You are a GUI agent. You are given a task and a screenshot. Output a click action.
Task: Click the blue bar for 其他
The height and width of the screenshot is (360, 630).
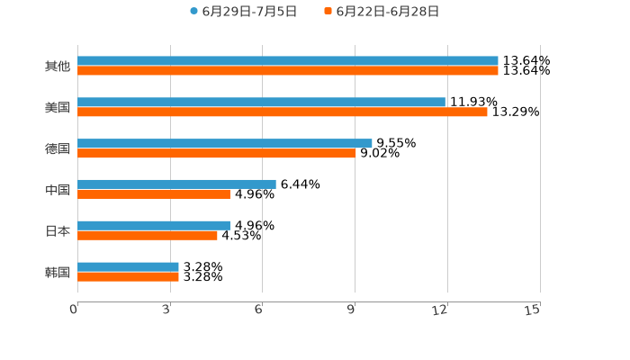pyautogui.click(x=288, y=61)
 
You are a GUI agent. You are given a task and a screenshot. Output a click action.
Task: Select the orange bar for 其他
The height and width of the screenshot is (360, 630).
pyautogui.click(x=288, y=71)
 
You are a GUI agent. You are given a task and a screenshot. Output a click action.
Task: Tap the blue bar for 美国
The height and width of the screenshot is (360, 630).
pyautogui.click(x=261, y=103)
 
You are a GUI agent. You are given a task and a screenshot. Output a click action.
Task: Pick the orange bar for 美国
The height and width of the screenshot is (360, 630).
pyautogui.click(x=283, y=112)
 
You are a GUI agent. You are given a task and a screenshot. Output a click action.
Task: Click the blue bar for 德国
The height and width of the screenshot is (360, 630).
pyautogui.click(x=225, y=143)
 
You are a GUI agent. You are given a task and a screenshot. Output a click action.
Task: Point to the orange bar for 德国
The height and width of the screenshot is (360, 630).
pyautogui.click(x=217, y=154)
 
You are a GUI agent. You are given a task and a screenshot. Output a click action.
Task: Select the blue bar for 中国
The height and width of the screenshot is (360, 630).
pyautogui.click(x=176, y=184)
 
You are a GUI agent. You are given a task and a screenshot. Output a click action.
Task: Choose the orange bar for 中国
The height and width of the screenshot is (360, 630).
pyautogui.click(x=154, y=194)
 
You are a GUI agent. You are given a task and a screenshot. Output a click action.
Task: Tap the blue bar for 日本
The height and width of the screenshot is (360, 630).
pyautogui.click(x=154, y=225)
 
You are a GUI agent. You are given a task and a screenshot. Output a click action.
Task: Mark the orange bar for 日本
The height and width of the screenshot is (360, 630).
pyautogui.click(x=148, y=236)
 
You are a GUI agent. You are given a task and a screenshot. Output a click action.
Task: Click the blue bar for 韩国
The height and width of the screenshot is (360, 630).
pyautogui.click(x=128, y=266)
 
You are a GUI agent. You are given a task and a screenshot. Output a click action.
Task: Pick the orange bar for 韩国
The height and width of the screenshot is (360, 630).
pyautogui.click(x=128, y=277)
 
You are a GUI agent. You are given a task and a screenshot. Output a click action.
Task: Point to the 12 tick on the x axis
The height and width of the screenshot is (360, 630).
pyautogui.click(x=440, y=310)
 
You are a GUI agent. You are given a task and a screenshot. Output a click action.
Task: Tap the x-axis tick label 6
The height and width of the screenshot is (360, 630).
pyautogui.click(x=258, y=310)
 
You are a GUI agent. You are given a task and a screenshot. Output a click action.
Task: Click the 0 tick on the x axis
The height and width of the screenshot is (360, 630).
pyautogui.click(x=74, y=310)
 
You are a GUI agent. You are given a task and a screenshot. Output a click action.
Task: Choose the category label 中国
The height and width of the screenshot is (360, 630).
pyautogui.click(x=58, y=190)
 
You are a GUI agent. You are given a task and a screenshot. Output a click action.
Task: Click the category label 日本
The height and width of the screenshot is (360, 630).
pyautogui.click(x=58, y=231)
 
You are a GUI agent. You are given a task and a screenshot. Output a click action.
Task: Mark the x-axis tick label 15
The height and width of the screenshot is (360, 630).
pyautogui.click(x=532, y=310)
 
